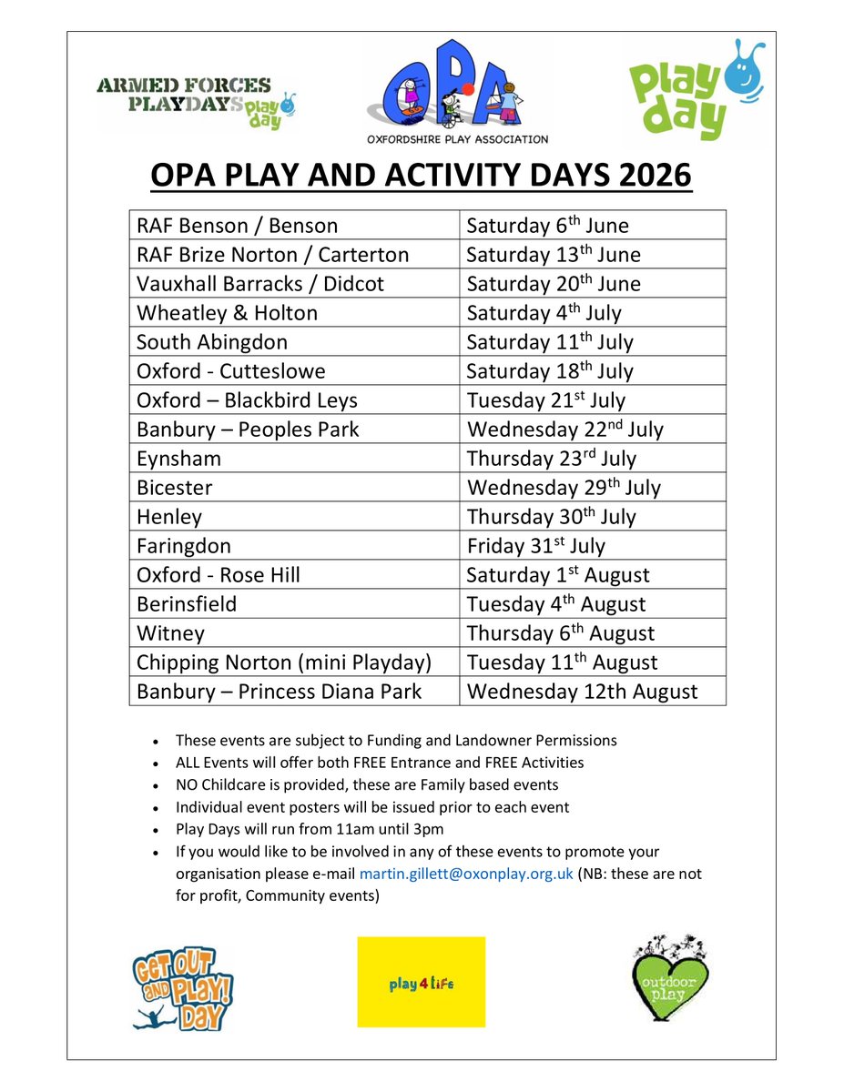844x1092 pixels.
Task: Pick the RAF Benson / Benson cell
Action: pos(237,226)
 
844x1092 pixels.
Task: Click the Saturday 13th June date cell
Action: pos(554,255)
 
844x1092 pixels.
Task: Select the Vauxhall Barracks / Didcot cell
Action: pos(260,284)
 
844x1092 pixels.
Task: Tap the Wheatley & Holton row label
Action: pos(227,313)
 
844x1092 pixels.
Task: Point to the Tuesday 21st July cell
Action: pos(546,400)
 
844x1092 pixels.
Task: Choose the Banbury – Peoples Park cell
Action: pos(248,430)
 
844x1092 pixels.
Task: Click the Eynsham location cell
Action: pos(178,459)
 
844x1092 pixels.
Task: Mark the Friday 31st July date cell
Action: pos(535,546)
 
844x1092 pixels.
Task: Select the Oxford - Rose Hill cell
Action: pos(218,575)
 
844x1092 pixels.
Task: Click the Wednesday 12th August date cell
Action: pos(582,692)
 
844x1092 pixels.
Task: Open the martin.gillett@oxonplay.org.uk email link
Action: pos(466,874)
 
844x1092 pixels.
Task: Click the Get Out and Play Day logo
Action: pos(182,986)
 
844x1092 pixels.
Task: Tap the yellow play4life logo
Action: pos(421,982)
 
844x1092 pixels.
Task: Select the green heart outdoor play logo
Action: pos(669,978)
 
